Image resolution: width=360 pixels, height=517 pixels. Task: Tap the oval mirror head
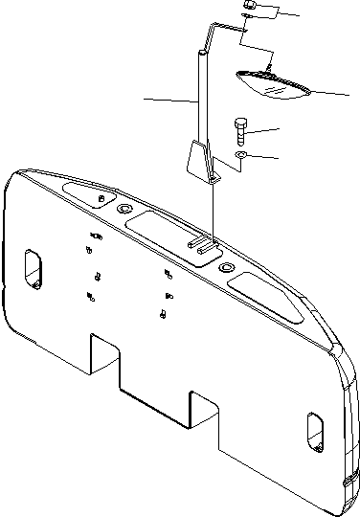pyautogui.click(x=273, y=85)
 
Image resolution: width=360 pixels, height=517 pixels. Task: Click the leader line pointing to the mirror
pyautogui.click(x=330, y=93)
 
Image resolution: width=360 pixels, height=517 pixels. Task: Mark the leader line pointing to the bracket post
pyautogui.click(x=170, y=99)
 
